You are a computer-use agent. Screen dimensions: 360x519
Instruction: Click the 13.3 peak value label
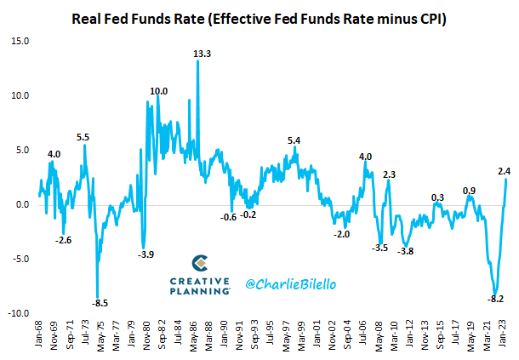[x=202, y=54]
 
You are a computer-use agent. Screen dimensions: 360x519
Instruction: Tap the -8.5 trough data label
[x=100, y=304]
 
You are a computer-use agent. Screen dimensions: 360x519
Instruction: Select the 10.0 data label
[x=159, y=92]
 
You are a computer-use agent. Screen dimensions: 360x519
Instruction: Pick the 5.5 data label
[x=83, y=137]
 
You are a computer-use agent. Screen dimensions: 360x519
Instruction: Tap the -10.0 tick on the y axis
[x=17, y=313]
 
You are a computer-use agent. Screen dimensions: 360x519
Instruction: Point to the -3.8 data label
[x=406, y=250]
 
